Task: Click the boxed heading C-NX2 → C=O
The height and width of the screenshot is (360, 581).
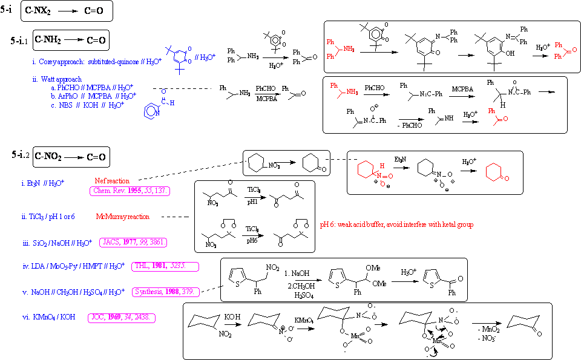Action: click(x=66, y=11)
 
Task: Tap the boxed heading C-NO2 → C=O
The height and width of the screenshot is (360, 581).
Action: click(x=71, y=157)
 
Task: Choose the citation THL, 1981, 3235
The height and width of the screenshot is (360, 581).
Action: click(x=165, y=266)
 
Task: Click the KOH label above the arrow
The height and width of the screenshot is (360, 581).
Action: click(x=232, y=316)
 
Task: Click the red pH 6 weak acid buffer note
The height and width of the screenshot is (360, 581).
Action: click(x=396, y=224)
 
